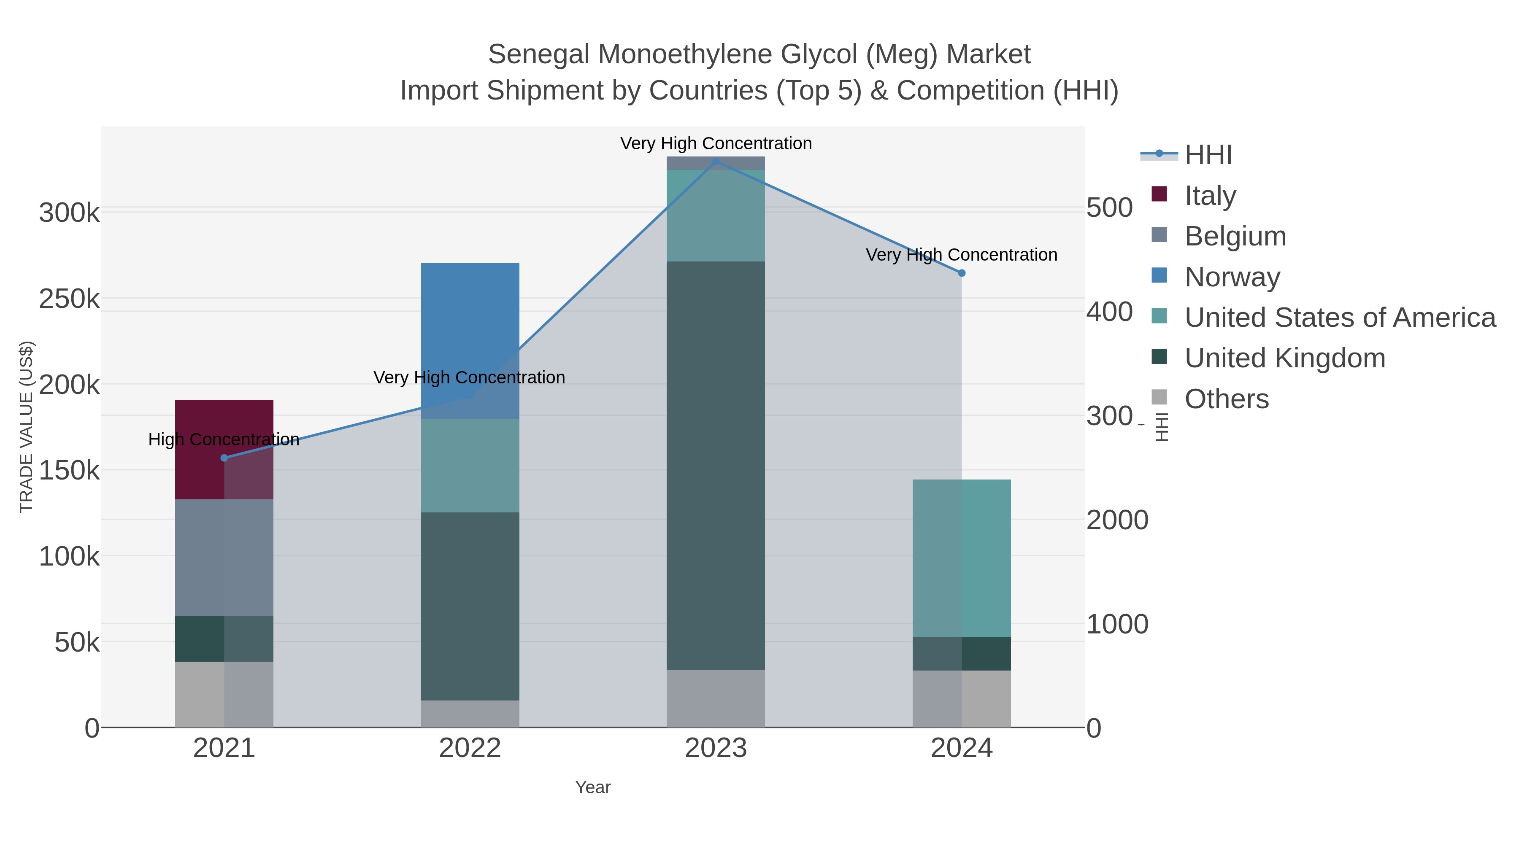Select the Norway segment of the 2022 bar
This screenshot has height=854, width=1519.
pyautogui.click(x=470, y=330)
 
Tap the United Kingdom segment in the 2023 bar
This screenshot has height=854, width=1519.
pyautogui.click(x=715, y=466)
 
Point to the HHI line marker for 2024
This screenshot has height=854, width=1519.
pyautogui.click(x=962, y=273)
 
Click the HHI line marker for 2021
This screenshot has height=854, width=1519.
pyautogui.click(x=224, y=458)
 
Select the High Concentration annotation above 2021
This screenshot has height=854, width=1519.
pyautogui.click(x=224, y=440)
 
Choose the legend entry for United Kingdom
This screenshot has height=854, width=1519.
pyautogui.click(x=1284, y=358)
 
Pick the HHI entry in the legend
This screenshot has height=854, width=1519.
pyautogui.click(x=1208, y=155)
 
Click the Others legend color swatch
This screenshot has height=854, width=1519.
pyautogui.click(x=1159, y=398)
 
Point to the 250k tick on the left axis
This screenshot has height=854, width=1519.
pyautogui.click(x=69, y=299)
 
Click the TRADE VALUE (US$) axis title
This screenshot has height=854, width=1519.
pyautogui.click(x=27, y=427)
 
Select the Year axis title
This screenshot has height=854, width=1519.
pyautogui.click(x=593, y=787)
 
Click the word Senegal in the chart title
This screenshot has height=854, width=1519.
pyautogui.click(x=538, y=55)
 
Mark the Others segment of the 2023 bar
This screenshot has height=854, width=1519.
pyautogui.click(x=715, y=698)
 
